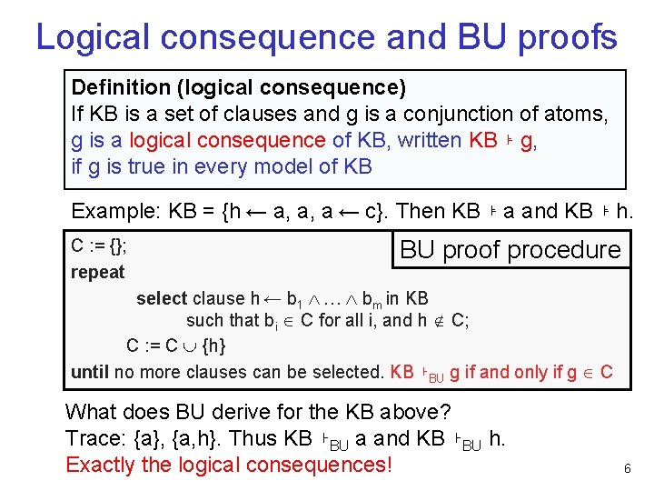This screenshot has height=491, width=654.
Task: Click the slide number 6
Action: tap(627, 468)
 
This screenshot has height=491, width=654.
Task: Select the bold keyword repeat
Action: tap(98, 272)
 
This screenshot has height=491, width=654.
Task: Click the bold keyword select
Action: tap(162, 298)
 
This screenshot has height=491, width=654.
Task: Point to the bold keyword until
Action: tap(89, 372)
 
